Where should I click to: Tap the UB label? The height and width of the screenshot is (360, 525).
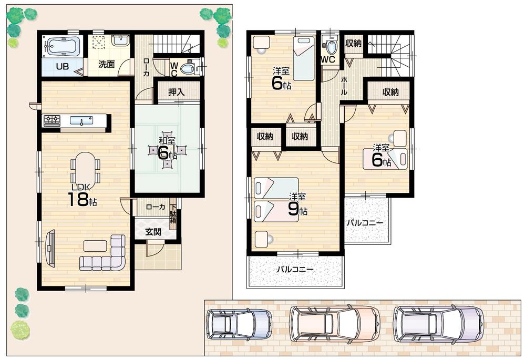pos(63,66)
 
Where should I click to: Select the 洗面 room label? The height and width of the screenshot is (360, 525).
pos(107,65)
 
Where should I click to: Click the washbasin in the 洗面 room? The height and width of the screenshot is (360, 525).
pos(120,40)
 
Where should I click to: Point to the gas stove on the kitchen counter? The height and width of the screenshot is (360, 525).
pos(52,121)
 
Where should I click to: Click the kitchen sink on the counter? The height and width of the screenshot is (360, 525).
pos(81,121)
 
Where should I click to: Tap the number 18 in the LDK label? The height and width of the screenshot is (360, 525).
pos(77,200)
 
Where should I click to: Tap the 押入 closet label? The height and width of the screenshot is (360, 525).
pos(176,92)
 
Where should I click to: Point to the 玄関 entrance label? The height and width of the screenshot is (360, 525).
pos(153,232)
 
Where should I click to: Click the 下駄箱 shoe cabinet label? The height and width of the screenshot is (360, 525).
pos(173,214)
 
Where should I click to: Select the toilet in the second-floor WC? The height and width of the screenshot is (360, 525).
pos(331,46)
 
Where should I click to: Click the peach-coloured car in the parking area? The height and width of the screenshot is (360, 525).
pos(335,323)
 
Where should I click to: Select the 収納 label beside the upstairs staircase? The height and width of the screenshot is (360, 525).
pos(354,44)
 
